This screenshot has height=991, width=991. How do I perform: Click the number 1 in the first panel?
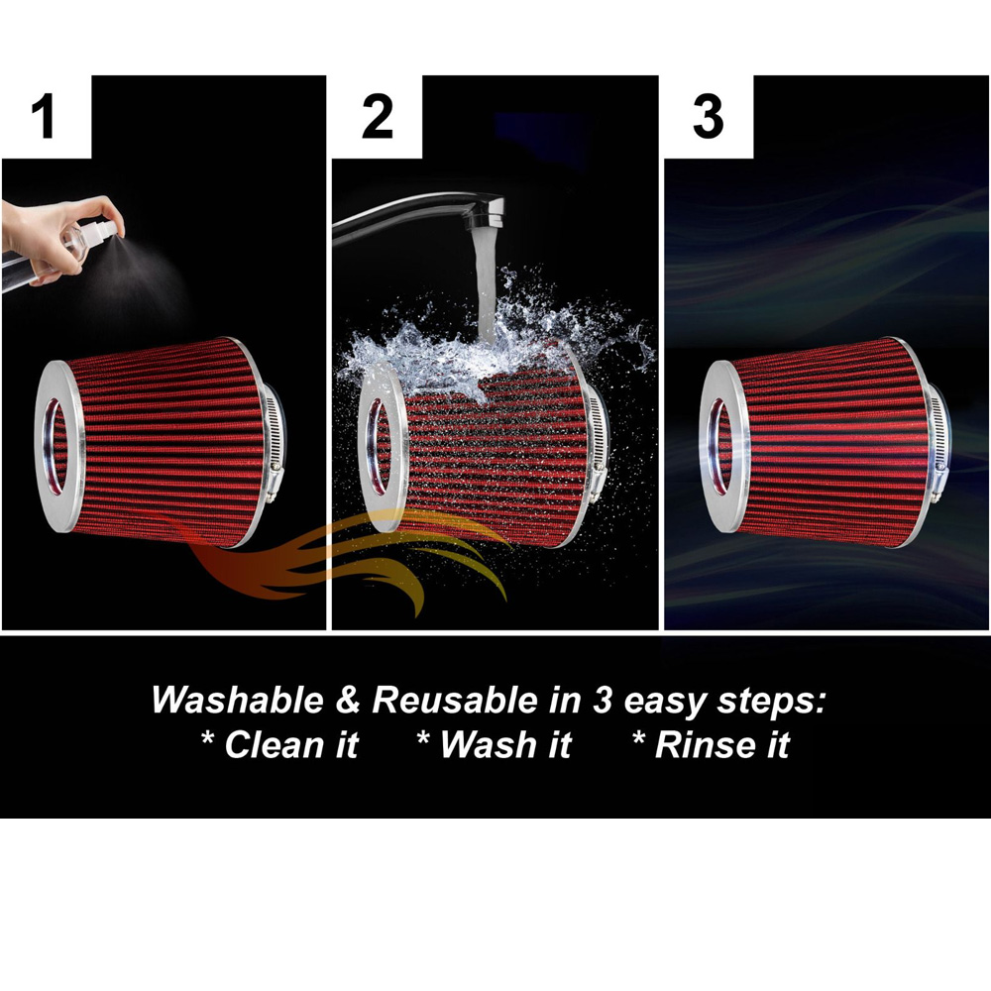(43, 116)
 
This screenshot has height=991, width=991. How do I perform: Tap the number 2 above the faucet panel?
(378, 116)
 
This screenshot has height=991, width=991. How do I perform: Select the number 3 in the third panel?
(708, 116)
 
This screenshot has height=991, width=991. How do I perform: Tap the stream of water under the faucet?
(485, 284)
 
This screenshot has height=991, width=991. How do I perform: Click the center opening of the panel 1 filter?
(55, 446)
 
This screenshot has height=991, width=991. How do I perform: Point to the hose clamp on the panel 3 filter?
(937, 442)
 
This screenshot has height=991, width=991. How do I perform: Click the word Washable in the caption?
(237, 701)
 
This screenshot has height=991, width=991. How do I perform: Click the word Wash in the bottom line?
(489, 744)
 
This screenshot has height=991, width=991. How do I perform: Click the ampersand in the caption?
(348, 701)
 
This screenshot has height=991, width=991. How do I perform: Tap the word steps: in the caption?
(772, 703)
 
